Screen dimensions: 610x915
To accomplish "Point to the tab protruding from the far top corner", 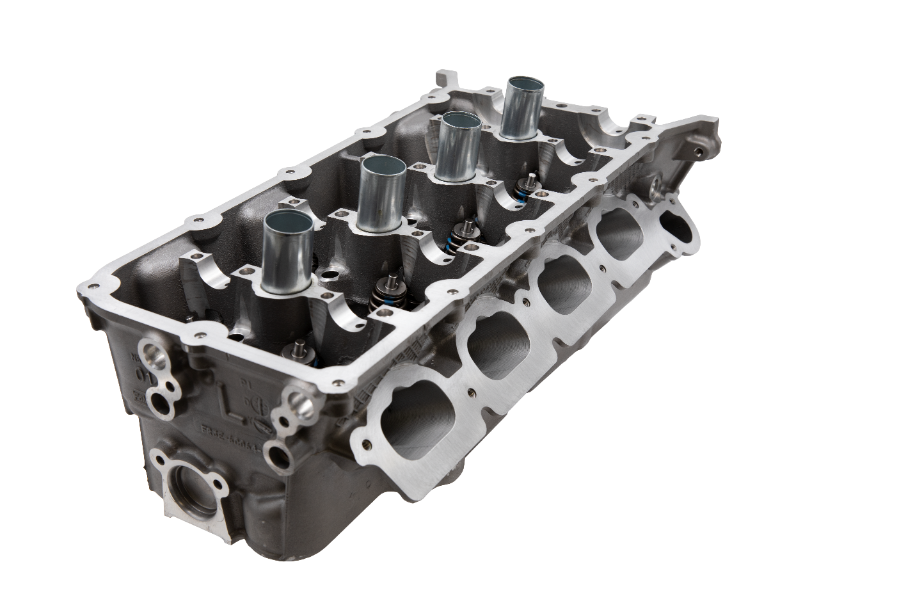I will [x=449, y=79].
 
